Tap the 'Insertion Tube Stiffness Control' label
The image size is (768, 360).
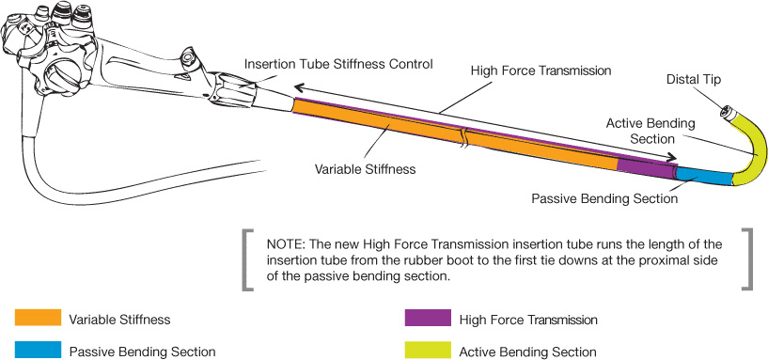[338, 64]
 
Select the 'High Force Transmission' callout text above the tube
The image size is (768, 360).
[541, 70]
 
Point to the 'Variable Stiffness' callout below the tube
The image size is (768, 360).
[365, 169]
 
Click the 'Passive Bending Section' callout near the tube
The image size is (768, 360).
[604, 199]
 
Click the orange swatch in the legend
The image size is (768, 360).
[38, 318]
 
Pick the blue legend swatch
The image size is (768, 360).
[38, 350]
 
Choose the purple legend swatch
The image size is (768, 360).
[428, 318]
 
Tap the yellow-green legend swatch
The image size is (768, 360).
[428, 350]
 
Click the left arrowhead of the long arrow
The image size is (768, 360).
[298, 87]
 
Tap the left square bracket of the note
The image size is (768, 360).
[247, 259]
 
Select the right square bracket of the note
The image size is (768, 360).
[747, 259]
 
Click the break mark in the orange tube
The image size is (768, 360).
[463, 136]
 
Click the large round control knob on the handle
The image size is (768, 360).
[61, 73]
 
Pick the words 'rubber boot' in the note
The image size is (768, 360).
[418, 260]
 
